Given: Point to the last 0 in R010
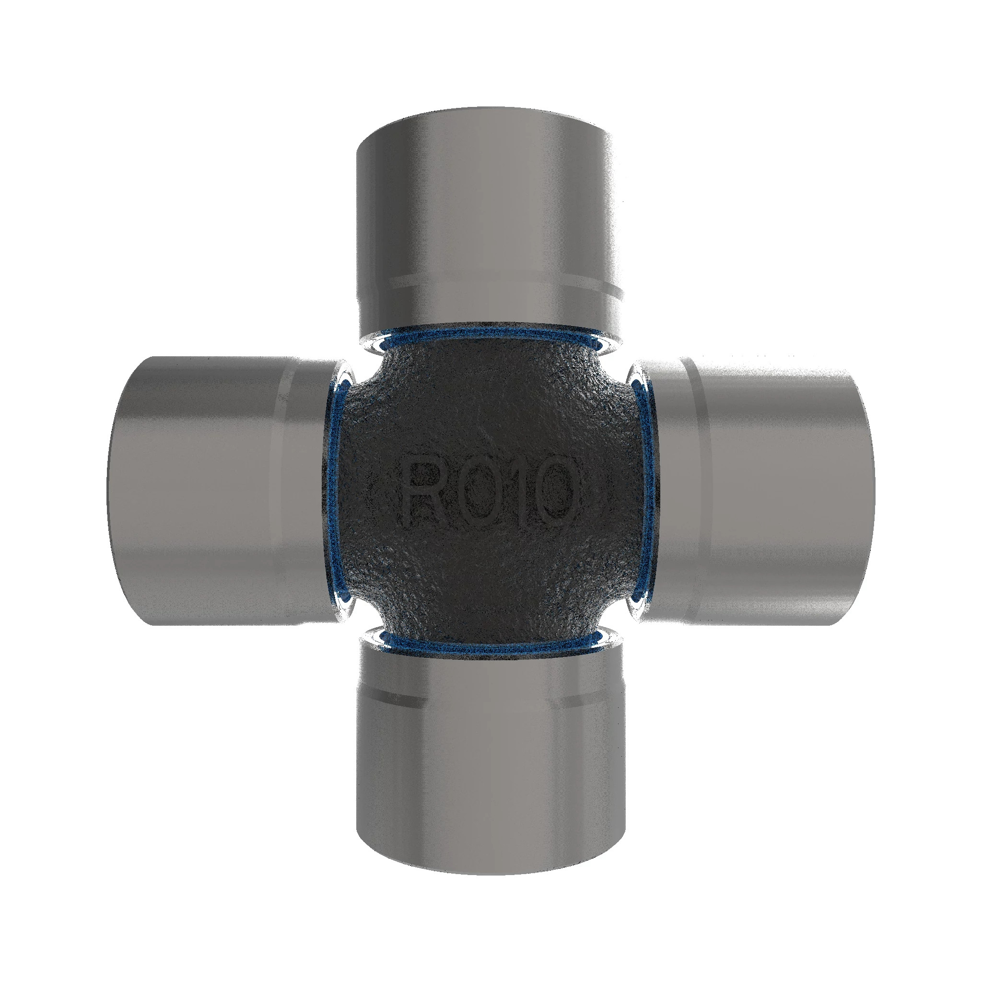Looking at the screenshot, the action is point(557,490).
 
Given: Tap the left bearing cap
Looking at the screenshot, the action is point(223,491).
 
